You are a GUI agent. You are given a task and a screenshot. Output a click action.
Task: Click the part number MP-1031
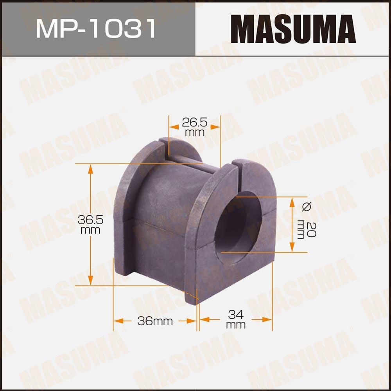pos(96,29)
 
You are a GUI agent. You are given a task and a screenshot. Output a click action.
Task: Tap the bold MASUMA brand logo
pos(293,29)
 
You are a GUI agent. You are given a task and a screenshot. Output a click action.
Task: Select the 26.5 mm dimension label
pos(194,127)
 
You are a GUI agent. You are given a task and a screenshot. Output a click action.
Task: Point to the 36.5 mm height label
pos(90,225)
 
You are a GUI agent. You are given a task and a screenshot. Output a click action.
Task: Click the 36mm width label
pos(155,321)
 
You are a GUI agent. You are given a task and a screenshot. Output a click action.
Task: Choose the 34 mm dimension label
pos(236,319)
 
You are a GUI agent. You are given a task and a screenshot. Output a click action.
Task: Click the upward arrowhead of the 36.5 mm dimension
pos(91,169)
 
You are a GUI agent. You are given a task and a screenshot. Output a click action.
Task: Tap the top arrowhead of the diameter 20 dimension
pos(292,202)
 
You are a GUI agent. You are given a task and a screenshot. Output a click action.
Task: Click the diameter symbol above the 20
pos(307,206)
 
